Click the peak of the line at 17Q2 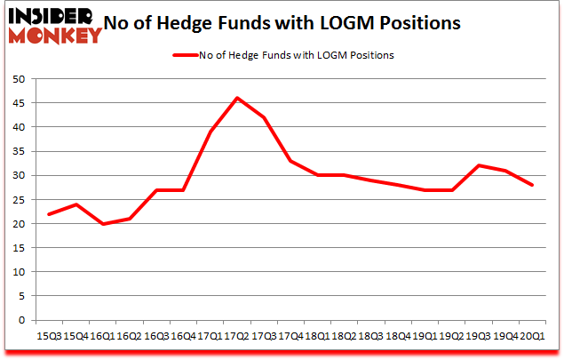pos(237,98)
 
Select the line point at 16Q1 pos(102,224)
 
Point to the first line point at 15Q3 pos(48,214)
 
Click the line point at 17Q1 pos(211,132)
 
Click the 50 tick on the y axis pos(17,79)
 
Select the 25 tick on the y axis pos(17,200)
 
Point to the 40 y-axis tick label pos(17,127)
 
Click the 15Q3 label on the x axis pos(48,336)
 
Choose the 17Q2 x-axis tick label pos(237,336)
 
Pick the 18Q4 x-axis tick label pos(400,336)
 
